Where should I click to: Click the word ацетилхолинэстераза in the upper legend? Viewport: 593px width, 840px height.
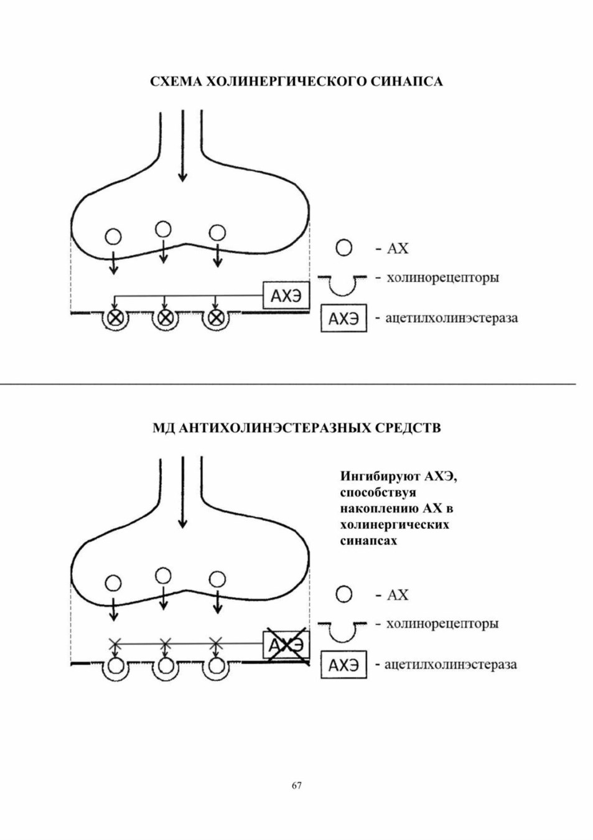pos(452,319)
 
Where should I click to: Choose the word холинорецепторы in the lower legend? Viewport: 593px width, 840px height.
pos(442,623)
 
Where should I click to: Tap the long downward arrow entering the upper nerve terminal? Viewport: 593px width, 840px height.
pos(182,146)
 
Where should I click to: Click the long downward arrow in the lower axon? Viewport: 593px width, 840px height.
pos(182,492)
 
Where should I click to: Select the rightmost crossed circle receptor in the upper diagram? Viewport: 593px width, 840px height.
pos(215,318)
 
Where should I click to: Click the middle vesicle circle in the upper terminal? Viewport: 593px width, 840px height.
pos(163,229)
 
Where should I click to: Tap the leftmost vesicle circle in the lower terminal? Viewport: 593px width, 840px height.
pos(113,583)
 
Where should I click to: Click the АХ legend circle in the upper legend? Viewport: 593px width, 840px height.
pos(343,248)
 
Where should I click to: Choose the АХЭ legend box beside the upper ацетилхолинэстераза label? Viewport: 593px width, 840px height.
pos(343,319)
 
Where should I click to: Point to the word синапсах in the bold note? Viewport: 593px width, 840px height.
pos(369,541)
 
